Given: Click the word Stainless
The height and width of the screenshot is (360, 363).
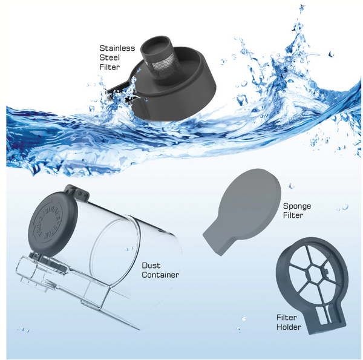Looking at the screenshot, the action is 117,48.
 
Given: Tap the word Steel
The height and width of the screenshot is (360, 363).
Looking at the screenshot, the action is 110,57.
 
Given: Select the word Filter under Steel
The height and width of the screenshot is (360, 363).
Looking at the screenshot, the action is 110,67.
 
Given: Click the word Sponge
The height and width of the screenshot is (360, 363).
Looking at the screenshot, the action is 297,206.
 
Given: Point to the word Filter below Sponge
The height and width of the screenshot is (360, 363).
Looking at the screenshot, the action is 293,215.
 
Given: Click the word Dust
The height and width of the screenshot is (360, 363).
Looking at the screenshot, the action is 151,266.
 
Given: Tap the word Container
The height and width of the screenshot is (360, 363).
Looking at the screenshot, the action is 160,275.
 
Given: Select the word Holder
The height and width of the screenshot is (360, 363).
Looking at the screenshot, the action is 289,327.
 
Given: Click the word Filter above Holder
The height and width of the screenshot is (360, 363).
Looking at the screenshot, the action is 287,318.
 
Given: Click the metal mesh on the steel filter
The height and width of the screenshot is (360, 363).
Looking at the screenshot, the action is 165,68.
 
